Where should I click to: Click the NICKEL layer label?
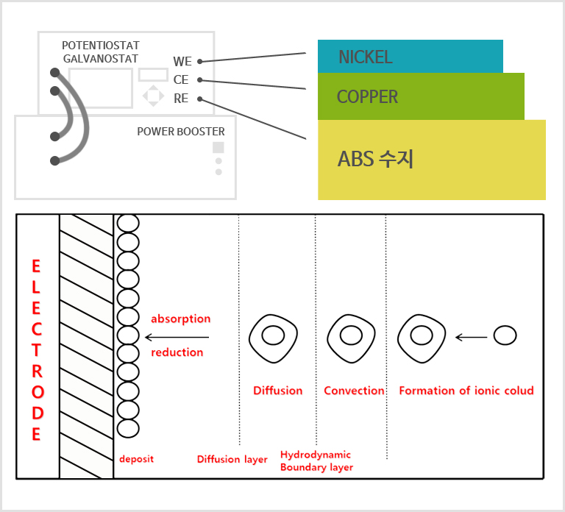(x=365, y=57)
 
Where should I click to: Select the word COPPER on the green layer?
(x=367, y=97)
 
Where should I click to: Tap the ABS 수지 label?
(x=375, y=159)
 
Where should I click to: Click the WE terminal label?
(x=182, y=62)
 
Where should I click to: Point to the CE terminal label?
(x=181, y=80)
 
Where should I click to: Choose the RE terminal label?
(x=181, y=99)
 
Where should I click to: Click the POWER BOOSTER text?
(x=181, y=132)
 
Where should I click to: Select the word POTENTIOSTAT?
(x=100, y=46)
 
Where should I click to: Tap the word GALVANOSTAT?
(x=100, y=58)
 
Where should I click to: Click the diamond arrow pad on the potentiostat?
(x=153, y=96)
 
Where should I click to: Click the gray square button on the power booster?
(x=218, y=148)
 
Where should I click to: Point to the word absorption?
(x=180, y=319)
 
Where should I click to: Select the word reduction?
(x=177, y=352)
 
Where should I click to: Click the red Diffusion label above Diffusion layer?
(x=277, y=391)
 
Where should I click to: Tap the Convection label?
(x=354, y=391)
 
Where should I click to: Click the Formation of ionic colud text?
(x=466, y=391)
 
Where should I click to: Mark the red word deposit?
(x=136, y=459)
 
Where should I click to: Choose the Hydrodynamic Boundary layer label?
(x=316, y=461)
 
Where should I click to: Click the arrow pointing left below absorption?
(x=177, y=337)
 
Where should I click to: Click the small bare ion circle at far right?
(x=505, y=336)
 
